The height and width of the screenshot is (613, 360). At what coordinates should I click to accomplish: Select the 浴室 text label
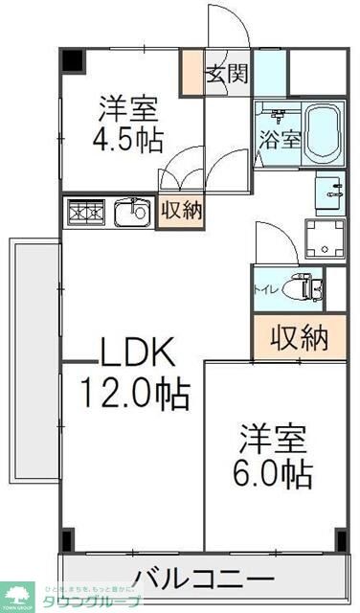[279, 138]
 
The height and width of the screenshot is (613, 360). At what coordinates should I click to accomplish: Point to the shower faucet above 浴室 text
[279, 116]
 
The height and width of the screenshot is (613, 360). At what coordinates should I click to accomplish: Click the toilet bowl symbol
[302, 286]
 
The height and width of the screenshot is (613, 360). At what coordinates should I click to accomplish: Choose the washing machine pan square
[324, 238]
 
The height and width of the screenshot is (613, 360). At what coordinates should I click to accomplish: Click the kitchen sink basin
[131, 212]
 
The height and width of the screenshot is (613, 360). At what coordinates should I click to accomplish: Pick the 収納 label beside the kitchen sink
[181, 210]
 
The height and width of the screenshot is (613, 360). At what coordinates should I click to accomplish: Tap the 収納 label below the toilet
[299, 337]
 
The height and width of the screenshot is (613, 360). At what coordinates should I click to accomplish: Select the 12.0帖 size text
[134, 393]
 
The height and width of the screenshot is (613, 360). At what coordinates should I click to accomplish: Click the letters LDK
[139, 354]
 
